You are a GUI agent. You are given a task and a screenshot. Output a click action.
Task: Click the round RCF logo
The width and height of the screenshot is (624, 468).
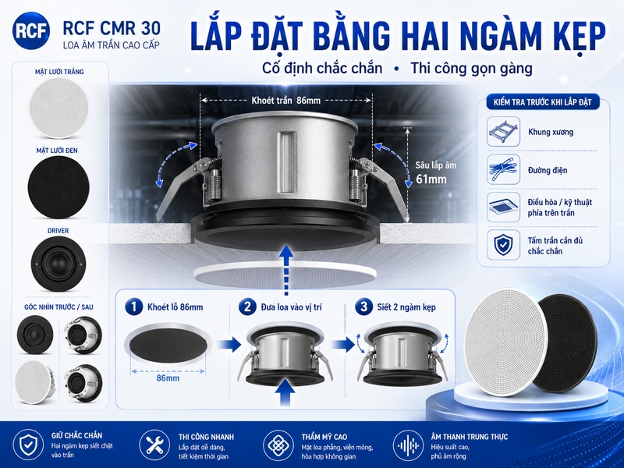click(31, 31)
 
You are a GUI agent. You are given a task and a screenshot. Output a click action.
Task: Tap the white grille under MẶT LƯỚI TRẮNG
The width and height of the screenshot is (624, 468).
click(59, 108)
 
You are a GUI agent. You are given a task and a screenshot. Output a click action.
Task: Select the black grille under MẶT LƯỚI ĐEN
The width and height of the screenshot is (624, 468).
click(59, 187)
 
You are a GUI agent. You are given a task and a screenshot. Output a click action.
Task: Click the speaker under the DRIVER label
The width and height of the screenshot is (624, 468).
click(58, 264)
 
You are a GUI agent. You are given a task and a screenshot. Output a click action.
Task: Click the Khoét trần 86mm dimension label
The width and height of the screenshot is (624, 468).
click(285, 101)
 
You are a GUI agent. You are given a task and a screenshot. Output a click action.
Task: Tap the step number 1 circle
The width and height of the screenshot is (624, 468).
click(133, 307)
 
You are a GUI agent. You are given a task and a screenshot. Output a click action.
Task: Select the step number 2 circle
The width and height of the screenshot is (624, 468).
click(247, 307)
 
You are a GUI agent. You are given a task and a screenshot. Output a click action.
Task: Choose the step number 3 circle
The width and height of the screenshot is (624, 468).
click(363, 307)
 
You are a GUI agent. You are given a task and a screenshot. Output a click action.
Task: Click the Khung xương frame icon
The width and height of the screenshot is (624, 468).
click(503, 131)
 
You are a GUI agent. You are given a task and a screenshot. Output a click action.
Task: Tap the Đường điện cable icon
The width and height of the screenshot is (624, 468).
click(503, 170)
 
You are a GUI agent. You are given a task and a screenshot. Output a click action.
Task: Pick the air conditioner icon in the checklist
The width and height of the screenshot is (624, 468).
click(503, 207)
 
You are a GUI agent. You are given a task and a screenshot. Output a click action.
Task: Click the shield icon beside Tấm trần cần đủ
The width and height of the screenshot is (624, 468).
click(503, 245)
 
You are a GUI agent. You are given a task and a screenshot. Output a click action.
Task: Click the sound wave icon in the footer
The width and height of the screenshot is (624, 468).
click(408, 445)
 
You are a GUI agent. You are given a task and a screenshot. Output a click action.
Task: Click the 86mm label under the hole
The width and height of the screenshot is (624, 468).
click(168, 378)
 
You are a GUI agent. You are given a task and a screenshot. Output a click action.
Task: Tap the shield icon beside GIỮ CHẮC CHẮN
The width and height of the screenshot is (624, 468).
click(28, 445)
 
